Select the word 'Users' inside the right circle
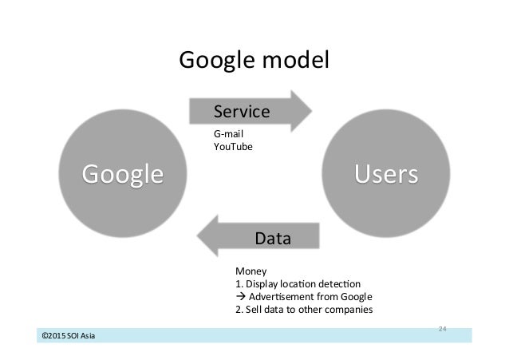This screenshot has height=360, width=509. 386,173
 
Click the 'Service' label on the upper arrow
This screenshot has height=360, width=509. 242,111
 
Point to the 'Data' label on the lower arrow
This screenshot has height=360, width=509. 272,238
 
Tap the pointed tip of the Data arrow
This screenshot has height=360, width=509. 199,236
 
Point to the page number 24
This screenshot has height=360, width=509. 444,328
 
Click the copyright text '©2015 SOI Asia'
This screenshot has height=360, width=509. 69,335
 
